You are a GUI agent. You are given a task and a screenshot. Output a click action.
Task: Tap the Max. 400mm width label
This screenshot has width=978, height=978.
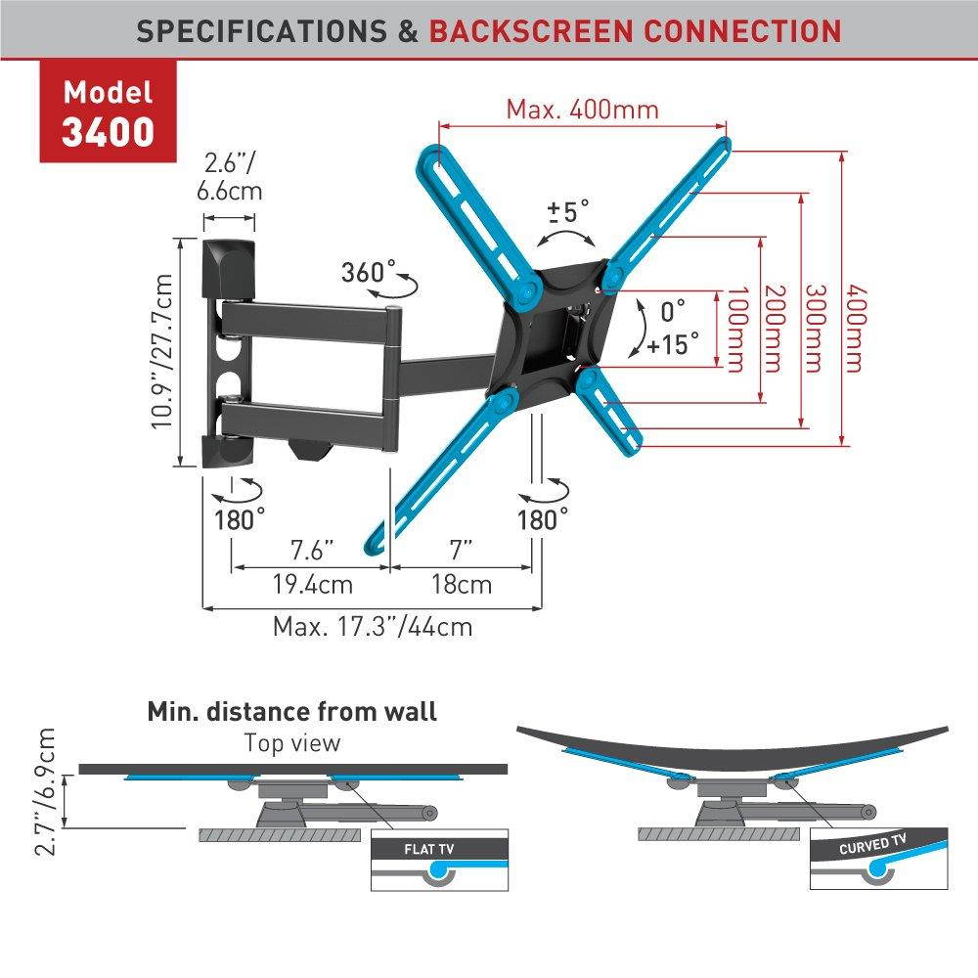pyautogui.click(x=582, y=109)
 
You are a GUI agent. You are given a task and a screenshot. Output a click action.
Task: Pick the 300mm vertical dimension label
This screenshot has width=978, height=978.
pyautogui.click(x=816, y=328)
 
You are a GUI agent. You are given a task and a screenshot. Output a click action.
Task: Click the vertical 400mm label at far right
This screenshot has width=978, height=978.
pyautogui.click(x=855, y=328)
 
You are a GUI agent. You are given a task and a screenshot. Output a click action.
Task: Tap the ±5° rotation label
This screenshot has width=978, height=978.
pyautogui.click(x=568, y=210)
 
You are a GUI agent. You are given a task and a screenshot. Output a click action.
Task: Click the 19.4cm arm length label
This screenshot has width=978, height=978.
pyautogui.click(x=312, y=585)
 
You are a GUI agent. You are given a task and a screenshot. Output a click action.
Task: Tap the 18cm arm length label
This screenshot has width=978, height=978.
pyautogui.click(x=462, y=585)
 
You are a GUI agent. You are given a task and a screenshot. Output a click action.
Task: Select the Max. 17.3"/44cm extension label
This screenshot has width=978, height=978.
pyautogui.click(x=372, y=625)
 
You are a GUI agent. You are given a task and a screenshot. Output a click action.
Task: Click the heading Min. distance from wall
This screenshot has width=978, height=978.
pyautogui.click(x=291, y=711)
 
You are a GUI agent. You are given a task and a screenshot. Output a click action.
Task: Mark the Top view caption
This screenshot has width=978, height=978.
pyautogui.click(x=292, y=742)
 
